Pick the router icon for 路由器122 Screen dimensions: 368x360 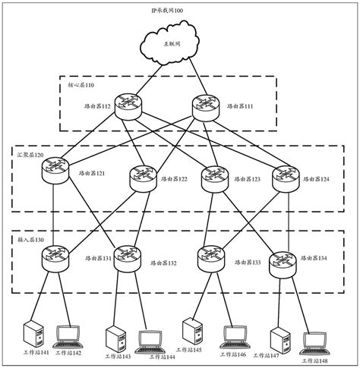(143, 178)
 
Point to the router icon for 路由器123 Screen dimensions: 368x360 (215, 178)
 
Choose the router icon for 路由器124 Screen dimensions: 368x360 (288, 175)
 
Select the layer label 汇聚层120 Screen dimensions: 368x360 (30, 155)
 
